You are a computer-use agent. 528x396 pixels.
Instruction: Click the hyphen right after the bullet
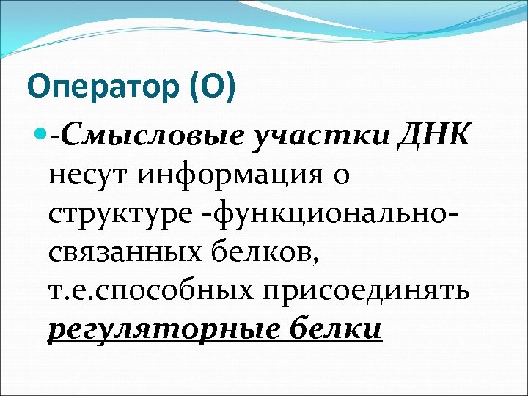pyautogui.click(x=55, y=135)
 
